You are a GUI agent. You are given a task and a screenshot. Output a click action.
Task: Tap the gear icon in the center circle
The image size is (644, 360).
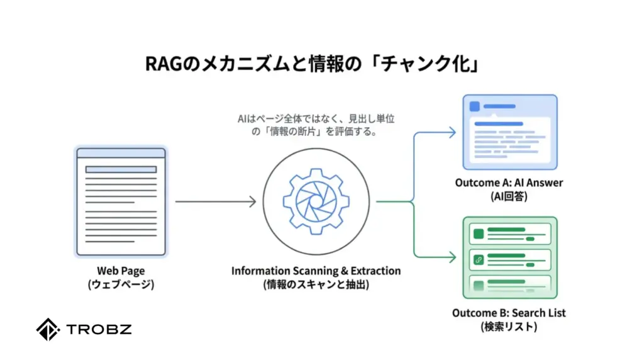click(x=316, y=201)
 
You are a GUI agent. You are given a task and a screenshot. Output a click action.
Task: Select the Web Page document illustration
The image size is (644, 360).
click(x=120, y=201)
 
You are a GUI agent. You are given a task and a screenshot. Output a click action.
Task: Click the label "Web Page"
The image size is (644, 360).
click(x=121, y=271)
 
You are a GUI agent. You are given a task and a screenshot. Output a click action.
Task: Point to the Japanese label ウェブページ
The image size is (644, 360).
click(x=121, y=284)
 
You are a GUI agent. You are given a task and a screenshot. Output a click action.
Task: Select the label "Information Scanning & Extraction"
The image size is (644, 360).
click(x=316, y=271)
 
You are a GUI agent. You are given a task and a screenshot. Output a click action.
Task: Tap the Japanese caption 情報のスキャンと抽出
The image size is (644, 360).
click(x=316, y=284)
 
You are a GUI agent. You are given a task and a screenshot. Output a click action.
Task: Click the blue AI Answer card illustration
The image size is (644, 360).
click(x=510, y=132)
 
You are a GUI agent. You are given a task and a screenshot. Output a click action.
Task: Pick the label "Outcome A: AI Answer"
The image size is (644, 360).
click(x=509, y=183)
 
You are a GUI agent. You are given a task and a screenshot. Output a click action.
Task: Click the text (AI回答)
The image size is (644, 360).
click(x=509, y=196)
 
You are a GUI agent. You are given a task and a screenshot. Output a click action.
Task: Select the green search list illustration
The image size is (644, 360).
click(x=510, y=257)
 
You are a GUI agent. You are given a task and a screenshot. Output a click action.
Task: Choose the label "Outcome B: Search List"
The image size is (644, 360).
click(x=509, y=313)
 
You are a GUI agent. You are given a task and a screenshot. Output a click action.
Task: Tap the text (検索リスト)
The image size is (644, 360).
click(x=509, y=327)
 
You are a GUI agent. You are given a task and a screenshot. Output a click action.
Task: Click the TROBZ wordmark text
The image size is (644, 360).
click(x=99, y=329)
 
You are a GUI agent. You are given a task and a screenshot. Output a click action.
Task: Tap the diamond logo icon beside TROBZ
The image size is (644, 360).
click(x=48, y=330)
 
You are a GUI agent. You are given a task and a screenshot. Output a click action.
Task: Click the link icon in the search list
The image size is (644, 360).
click(x=479, y=259)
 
